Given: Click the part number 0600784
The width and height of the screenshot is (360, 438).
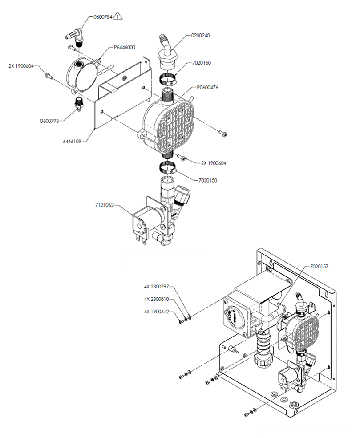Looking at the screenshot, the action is [102, 17].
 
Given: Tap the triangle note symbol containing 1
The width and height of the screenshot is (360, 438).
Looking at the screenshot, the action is [118, 16].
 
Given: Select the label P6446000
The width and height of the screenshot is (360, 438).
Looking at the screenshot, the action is [125, 47].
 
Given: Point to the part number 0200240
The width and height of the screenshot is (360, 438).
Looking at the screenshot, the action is [200, 35].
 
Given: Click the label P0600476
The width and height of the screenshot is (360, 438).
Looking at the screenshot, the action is [207, 87].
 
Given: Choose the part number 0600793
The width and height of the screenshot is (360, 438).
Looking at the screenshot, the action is [49, 121].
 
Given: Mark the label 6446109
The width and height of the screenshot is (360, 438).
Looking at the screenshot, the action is [72, 142].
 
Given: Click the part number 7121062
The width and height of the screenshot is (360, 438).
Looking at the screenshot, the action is [105, 205].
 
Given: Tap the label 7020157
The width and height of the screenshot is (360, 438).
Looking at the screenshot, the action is [319, 267].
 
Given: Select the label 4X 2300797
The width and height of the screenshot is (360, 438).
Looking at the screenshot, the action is [157, 287].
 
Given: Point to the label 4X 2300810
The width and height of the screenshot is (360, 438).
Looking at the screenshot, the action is [157, 299].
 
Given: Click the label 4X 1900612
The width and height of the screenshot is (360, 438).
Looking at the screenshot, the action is [157, 312].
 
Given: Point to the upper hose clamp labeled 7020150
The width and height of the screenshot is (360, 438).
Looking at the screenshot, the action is [168, 79].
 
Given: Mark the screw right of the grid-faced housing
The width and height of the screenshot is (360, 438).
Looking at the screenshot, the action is [222, 134].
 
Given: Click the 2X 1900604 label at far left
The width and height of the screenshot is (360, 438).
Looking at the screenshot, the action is [21, 66].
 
